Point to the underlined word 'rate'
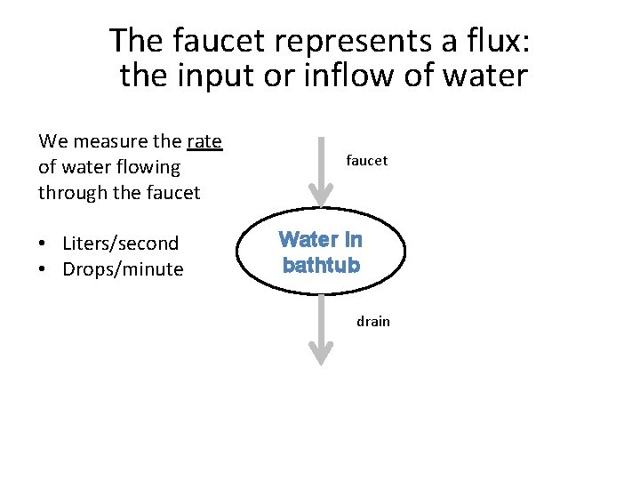(x=205, y=141)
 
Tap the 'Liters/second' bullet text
(x=121, y=244)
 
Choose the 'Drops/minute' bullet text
(x=123, y=269)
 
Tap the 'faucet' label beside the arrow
(x=367, y=161)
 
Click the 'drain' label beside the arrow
(x=373, y=322)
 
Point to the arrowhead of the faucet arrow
(x=320, y=196)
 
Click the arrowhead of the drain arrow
(x=320, y=355)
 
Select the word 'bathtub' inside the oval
(x=321, y=265)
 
